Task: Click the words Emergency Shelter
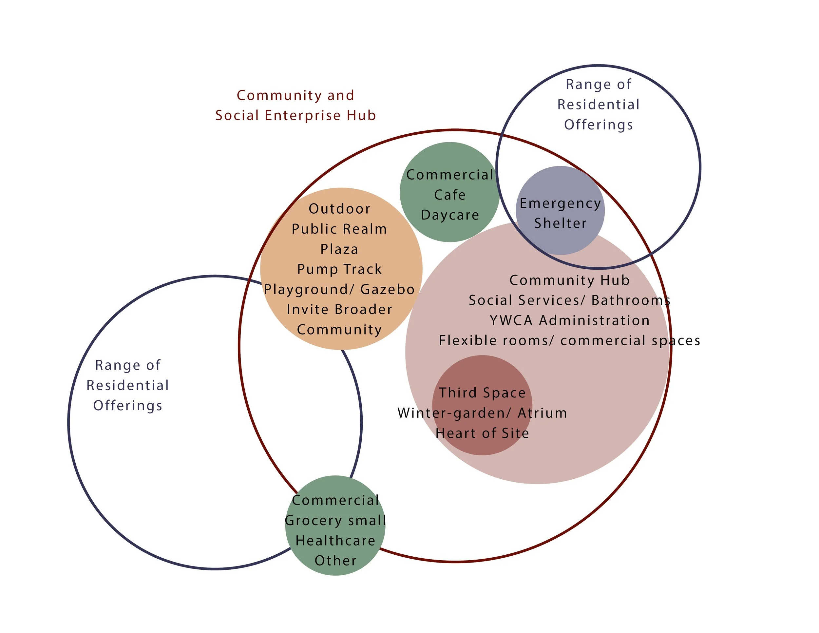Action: (x=560, y=213)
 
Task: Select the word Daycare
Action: (x=450, y=215)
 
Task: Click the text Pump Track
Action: (x=339, y=269)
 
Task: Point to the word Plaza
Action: (x=339, y=249)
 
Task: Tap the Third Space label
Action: (x=482, y=393)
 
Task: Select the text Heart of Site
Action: (x=482, y=433)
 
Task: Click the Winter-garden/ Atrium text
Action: (x=482, y=413)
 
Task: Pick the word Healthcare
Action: (x=335, y=541)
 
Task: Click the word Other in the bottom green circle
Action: (x=335, y=561)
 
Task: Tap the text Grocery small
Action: (x=335, y=521)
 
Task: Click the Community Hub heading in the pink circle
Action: (x=570, y=280)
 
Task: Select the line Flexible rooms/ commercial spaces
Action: (x=570, y=340)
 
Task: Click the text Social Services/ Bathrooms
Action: (x=570, y=300)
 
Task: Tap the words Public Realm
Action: (x=339, y=229)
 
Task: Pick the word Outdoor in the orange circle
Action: (x=339, y=209)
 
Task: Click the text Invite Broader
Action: (x=339, y=309)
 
